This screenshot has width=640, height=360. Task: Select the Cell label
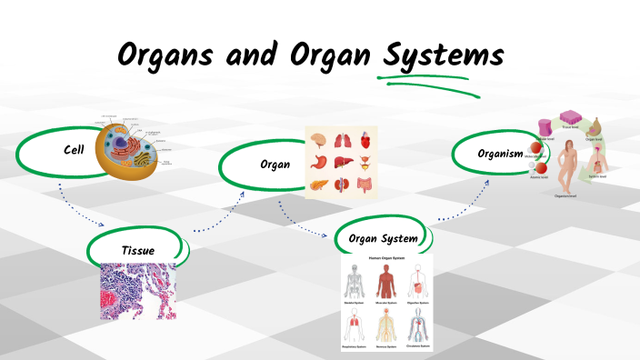tap(75, 149)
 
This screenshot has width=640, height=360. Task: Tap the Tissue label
tap(139, 250)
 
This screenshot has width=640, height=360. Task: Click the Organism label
tap(498, 153)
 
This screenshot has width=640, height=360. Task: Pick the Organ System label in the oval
tap(383, 239)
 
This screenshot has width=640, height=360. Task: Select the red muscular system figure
tap(386, 283)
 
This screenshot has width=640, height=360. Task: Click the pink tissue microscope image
tap(137, 291)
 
